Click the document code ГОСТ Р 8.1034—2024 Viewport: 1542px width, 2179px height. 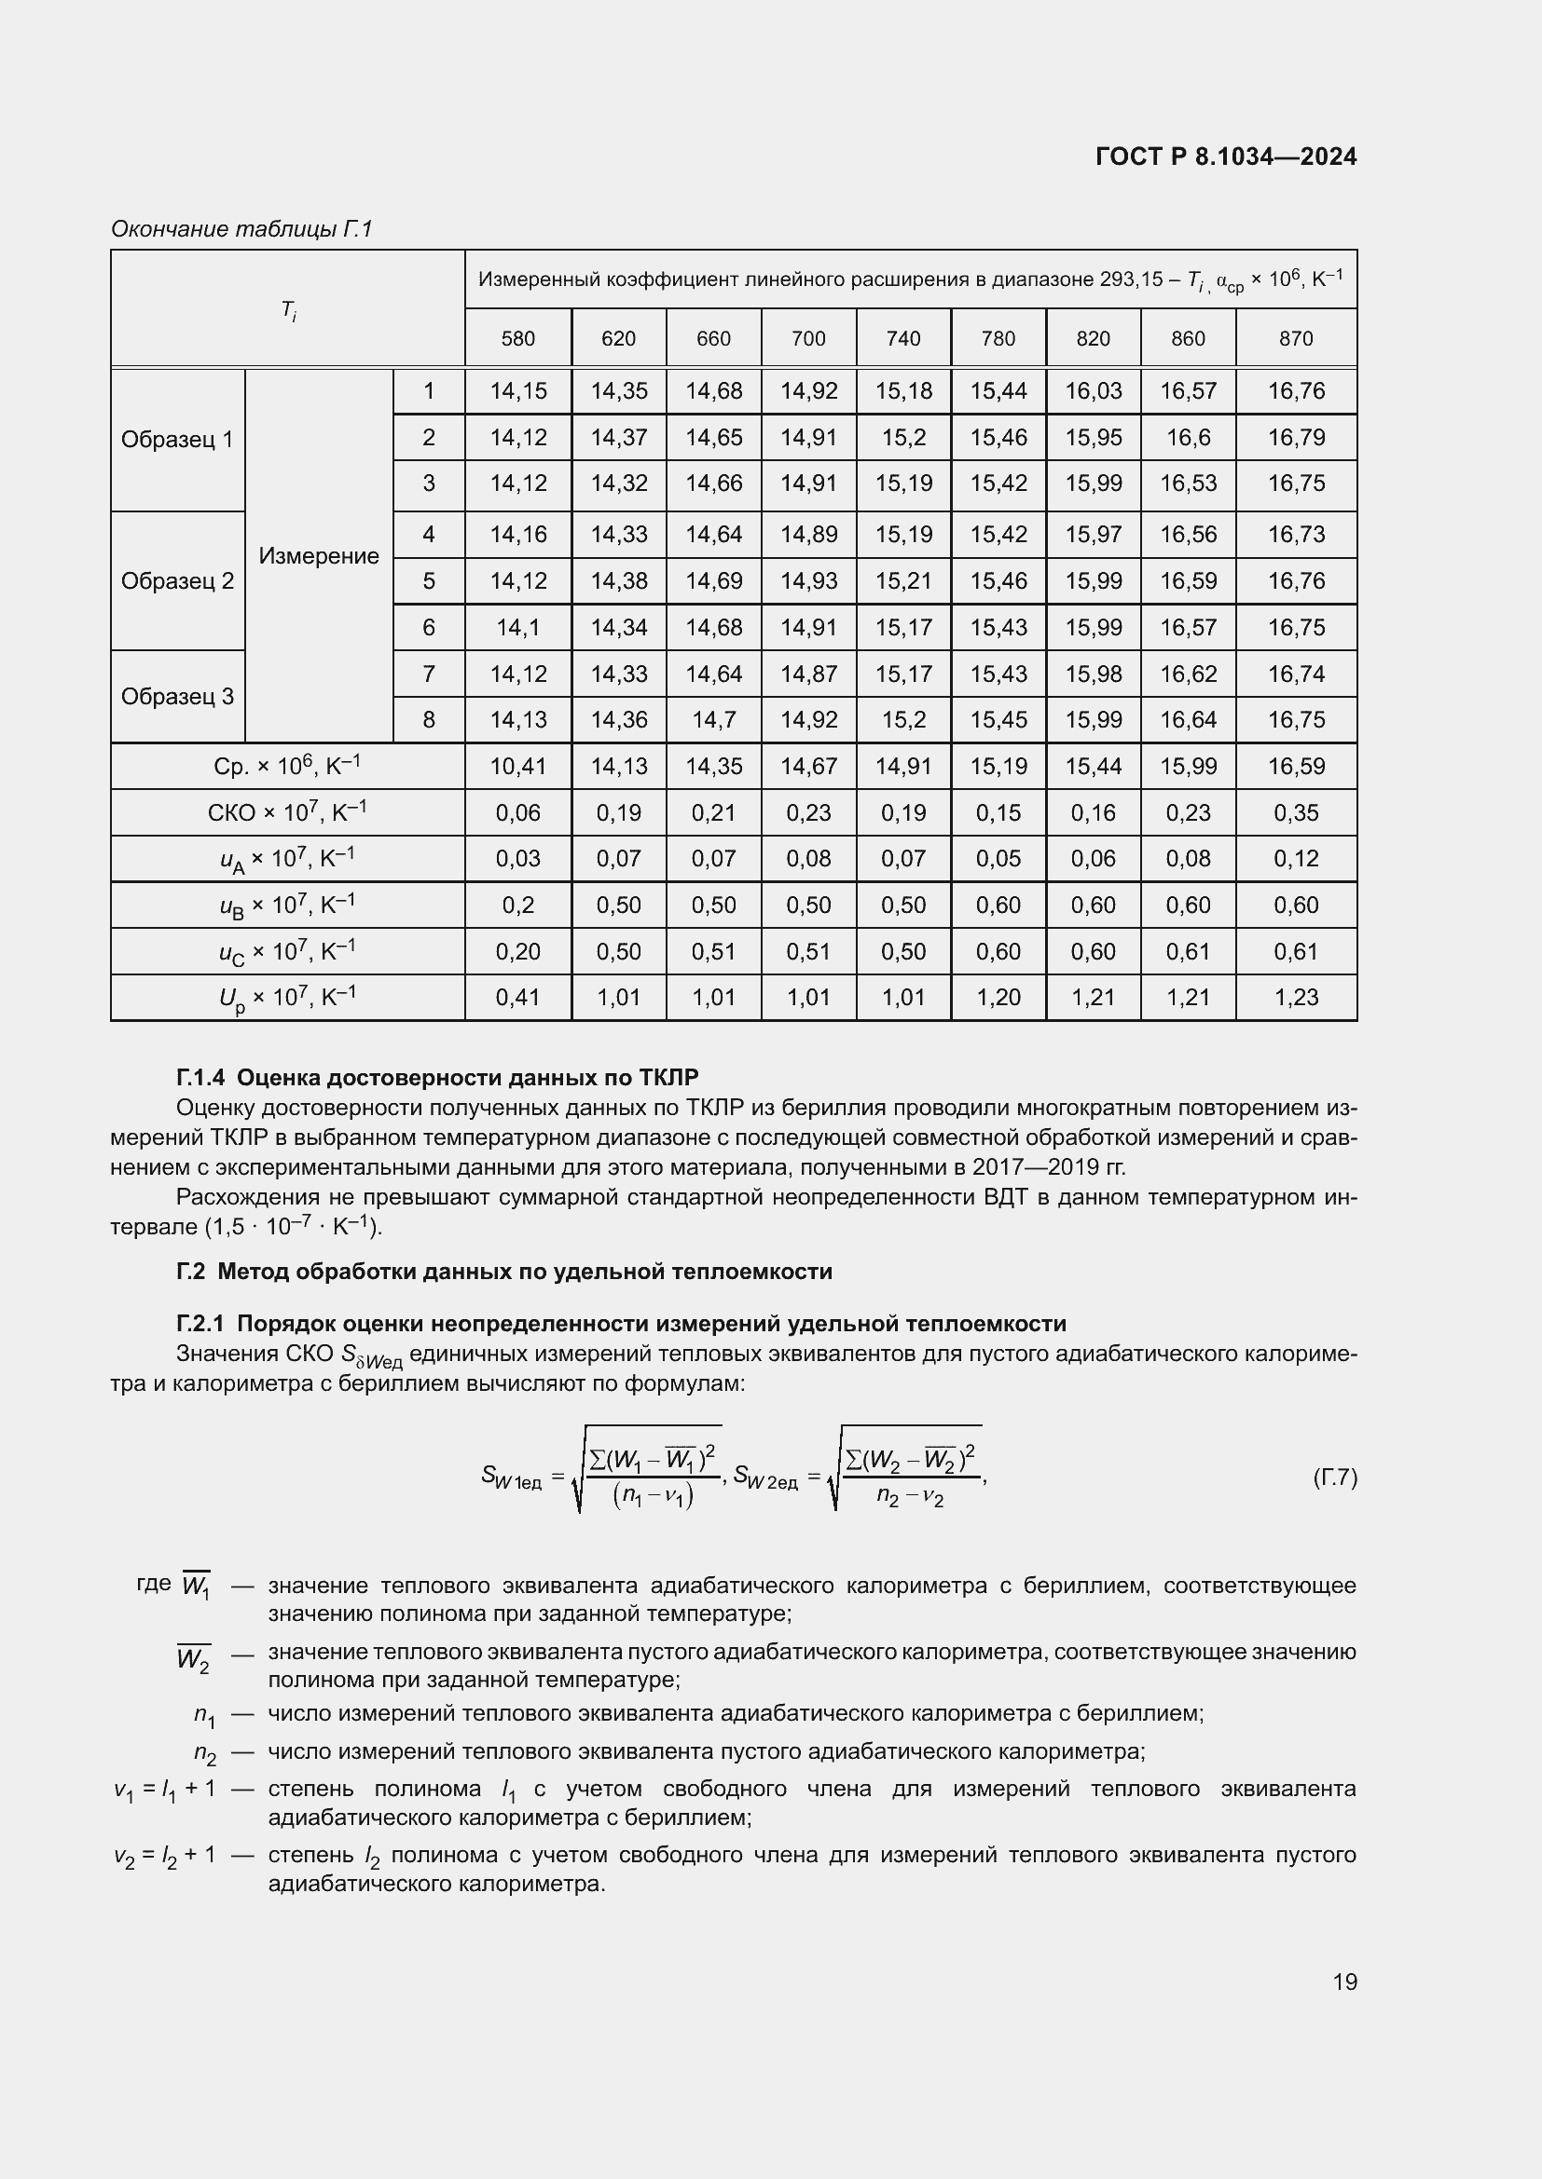[x=1225, y=157]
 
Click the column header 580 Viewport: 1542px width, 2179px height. [x=517, y=339]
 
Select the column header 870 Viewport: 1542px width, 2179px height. [x=1295, y=339]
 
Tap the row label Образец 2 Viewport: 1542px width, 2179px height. [x=176, y=580]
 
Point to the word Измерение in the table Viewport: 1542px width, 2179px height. [x=318, y=556]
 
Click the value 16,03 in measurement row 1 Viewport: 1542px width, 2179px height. [x=1093, y=391]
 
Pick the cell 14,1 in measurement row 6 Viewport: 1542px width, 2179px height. [x=517, y=627]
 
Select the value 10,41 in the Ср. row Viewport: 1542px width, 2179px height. [x=517, y=766]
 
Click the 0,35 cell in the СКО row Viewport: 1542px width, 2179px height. [x=1295, y=812]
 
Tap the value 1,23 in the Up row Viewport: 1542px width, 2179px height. [x=1295, y=998]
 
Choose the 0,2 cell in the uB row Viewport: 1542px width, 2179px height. [x=517, y=906]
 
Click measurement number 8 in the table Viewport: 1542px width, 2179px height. [x=428, y=720]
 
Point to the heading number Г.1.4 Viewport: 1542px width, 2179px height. [x=200, y=1077]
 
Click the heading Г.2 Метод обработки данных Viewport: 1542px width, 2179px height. [x=503, y=1272]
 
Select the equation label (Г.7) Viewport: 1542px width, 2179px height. [x=1334, y=1478]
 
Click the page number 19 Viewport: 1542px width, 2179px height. [x=1344, y=1982]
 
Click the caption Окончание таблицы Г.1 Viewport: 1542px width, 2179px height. [x=241, y=229]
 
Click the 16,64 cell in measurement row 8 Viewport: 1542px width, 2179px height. [x=1188, y=720]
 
